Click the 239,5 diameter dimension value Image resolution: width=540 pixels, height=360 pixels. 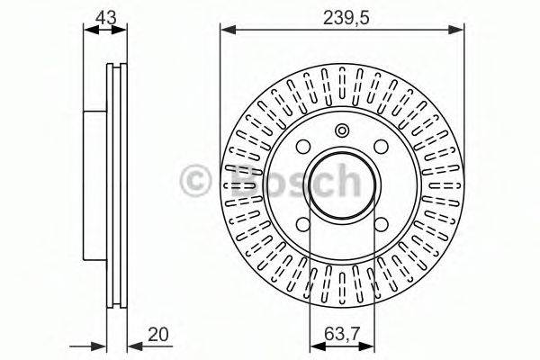tap(343, 15)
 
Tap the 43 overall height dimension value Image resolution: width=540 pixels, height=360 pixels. tap(104, 15)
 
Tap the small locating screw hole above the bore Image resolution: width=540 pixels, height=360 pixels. tap(342, 130)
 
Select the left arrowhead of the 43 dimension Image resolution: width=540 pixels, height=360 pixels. tap(88, 31)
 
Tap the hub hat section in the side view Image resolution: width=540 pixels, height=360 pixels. tap(94, 184)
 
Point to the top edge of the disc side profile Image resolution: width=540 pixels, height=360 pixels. tap(117, 65)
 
